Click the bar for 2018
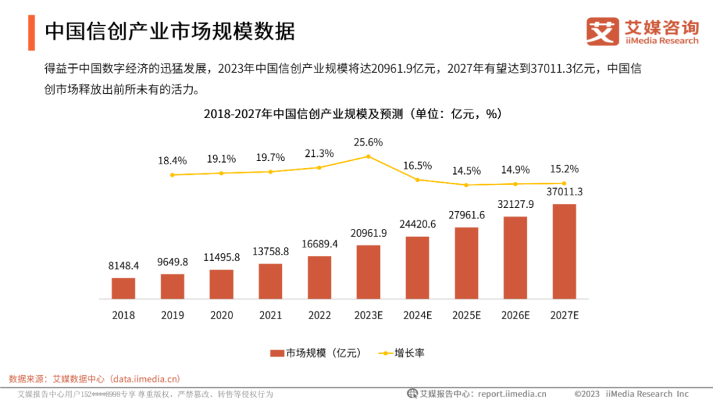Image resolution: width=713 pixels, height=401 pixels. (123, 288)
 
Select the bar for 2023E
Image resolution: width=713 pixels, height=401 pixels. (368, 272)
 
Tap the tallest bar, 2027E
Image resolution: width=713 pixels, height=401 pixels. (564, 251)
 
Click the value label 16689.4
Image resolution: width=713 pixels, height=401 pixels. (320, 245)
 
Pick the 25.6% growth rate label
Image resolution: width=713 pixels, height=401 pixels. (368, 142)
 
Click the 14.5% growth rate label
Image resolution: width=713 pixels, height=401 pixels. (466, 171)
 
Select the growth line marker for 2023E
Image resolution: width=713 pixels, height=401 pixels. (368, 156)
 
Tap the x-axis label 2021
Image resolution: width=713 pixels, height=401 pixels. (271, 315)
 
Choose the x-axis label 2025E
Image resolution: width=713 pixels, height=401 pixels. (466, 315)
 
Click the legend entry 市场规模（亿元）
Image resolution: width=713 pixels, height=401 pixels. (315, 353)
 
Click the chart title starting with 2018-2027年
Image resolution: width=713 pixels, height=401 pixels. (353, 114)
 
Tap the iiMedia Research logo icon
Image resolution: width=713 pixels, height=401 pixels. (603, 32)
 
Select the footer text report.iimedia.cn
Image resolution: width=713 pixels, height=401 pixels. (512, 394)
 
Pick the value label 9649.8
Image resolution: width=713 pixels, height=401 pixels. (172, 262)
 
